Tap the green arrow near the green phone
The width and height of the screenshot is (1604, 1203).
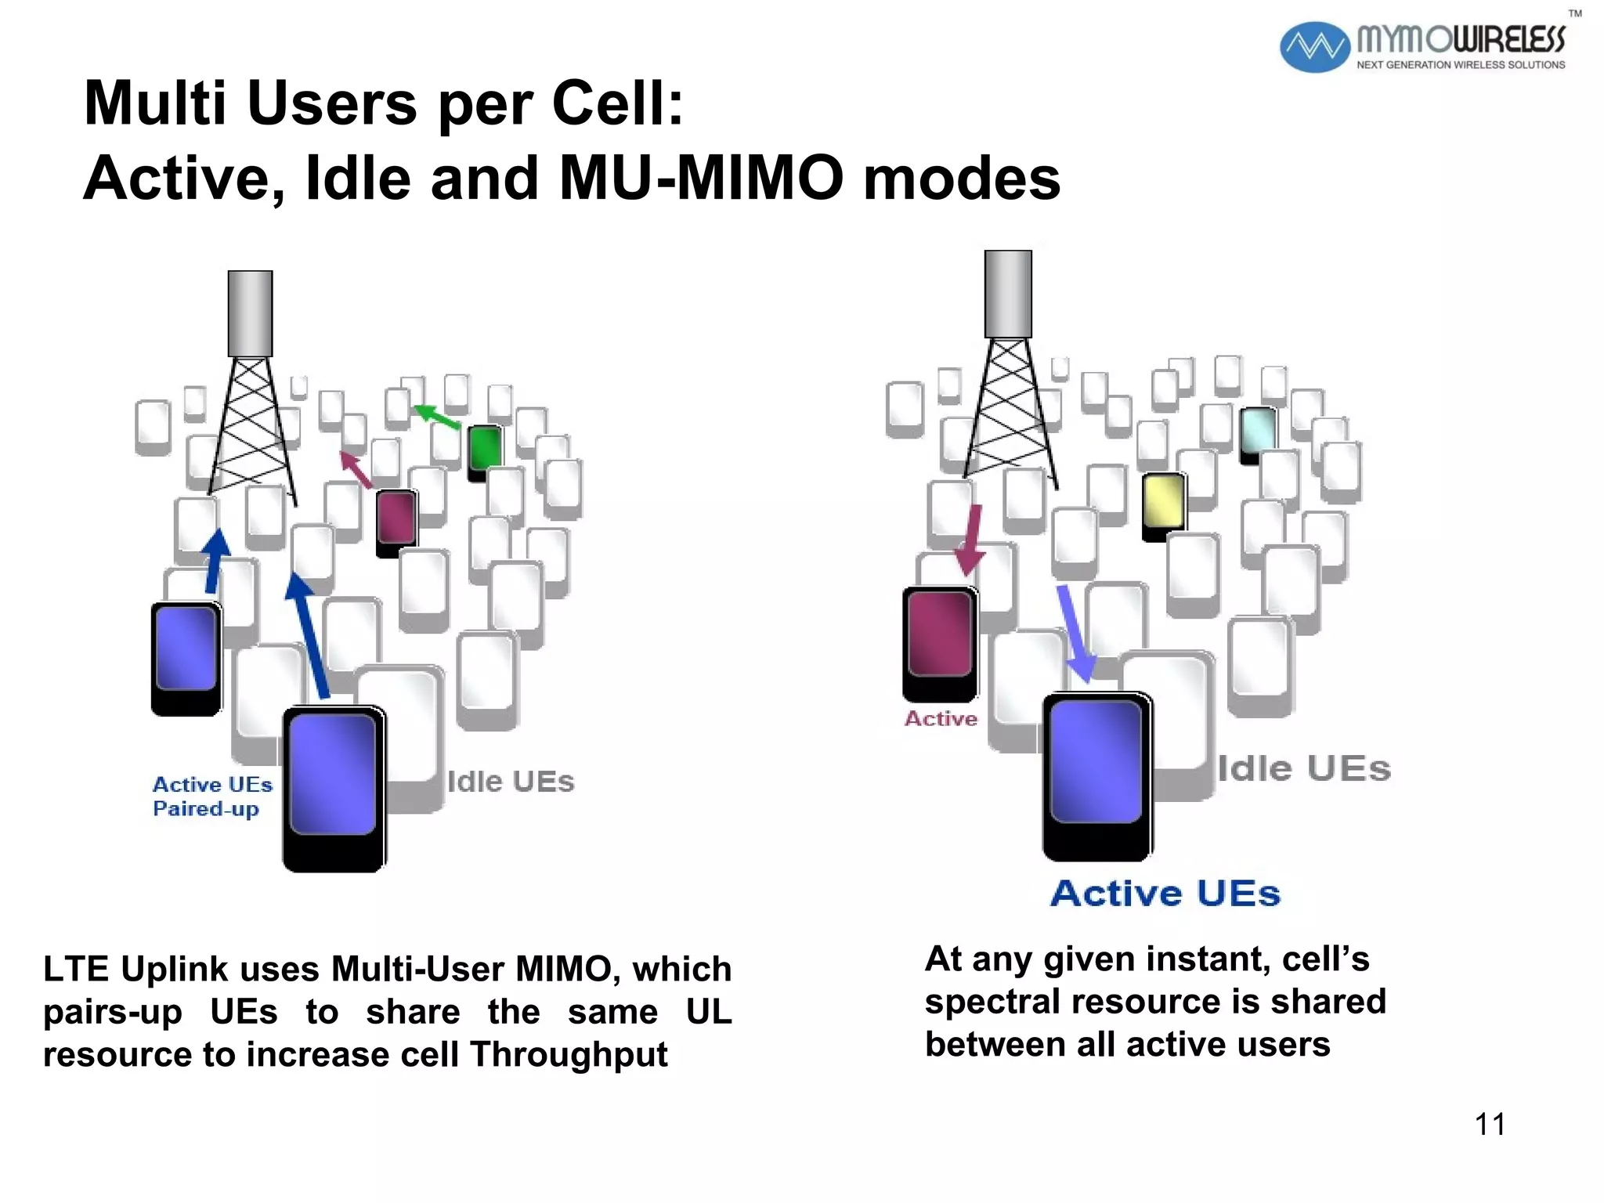tap(437, 417)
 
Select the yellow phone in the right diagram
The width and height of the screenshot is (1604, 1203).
tap(1163, 505)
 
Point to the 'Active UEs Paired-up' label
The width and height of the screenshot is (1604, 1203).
tap(211, 796)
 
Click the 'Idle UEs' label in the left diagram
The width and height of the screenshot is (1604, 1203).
tap(511, 781)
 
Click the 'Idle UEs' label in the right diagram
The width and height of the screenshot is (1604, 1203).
tap(1304, 768)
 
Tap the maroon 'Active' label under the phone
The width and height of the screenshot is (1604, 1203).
tap(941, 718)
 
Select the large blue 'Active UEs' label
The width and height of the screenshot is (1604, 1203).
tap(1165, 893)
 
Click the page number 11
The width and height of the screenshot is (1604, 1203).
tap(1490, 1124)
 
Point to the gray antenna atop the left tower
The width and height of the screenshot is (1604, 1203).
tap(250, 313)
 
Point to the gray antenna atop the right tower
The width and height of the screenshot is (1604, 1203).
tap(1008, 294)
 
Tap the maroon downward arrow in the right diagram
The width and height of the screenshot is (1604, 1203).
tap(971, 540)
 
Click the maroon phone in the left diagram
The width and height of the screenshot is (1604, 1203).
tap(396, 520)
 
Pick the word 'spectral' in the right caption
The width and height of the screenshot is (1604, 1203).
tap(992, 1002)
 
